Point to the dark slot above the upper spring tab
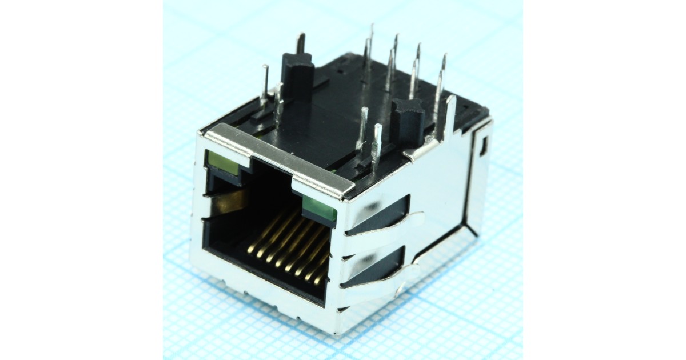click(380, 214)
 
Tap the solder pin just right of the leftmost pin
click(278, 103)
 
